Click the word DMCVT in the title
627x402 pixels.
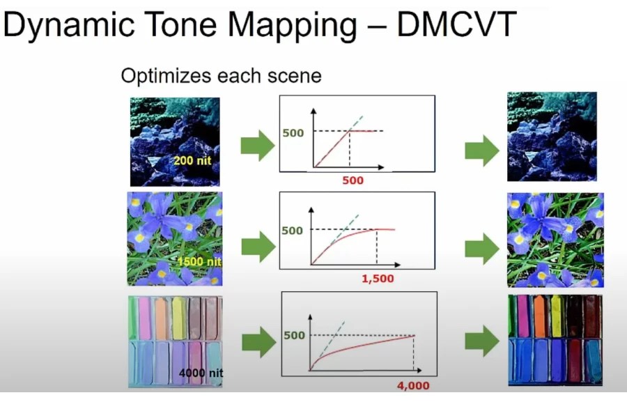pyautogui.click(x=457, y=26)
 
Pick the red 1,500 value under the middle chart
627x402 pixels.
pyautogui.click(x=377, y=278)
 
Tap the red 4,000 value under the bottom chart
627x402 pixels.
pyautogui.click(x=412, y=385)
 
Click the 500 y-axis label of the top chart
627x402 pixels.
pyautogui.click(x=293, y=132)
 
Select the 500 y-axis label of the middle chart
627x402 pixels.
pyautogui.click(x=293, y=230)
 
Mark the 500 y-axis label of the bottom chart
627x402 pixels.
pyautogui.click(x=295, y=335)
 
